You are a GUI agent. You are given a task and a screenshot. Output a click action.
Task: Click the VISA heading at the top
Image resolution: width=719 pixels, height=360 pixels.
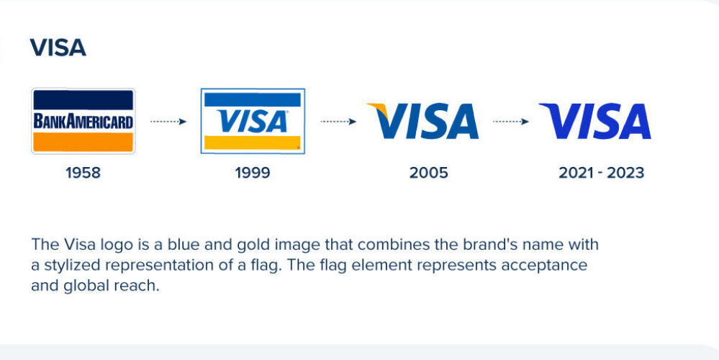point(58,48)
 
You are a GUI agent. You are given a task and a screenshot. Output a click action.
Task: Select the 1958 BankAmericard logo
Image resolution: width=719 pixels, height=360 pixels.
point(83,121)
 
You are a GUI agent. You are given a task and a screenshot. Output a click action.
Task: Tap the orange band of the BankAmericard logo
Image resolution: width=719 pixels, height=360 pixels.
point(83,142)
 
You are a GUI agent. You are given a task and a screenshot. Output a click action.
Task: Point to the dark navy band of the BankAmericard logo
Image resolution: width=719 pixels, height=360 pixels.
point(83,100)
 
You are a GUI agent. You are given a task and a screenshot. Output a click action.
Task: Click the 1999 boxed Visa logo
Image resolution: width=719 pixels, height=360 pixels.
point(253,121)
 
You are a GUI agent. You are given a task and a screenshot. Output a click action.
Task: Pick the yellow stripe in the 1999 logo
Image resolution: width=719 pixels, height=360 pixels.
point(252,143)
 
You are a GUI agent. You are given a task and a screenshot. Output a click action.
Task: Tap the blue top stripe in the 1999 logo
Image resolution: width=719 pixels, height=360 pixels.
point(252,99)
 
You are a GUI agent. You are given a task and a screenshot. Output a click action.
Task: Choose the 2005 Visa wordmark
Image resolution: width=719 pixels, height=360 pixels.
point(422,121)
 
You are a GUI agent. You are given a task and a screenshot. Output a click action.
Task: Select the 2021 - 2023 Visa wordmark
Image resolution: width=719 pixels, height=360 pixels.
point(595,121)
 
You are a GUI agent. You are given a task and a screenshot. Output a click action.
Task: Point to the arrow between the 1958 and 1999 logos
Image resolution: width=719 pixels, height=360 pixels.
point(168,122)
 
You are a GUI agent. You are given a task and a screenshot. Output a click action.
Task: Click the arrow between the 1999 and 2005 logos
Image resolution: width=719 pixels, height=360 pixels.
point(338,122)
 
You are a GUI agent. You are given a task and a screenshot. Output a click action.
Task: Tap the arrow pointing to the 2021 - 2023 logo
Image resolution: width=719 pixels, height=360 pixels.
point(511,122)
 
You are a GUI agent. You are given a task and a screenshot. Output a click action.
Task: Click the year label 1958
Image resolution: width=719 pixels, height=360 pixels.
point(83,173)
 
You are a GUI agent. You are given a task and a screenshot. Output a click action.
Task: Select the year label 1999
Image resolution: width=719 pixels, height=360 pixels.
point(253,173)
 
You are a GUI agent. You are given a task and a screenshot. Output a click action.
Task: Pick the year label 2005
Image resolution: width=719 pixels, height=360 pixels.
point(429,173)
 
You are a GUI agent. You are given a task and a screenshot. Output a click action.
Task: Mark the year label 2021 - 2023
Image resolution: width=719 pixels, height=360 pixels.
point(601,173)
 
